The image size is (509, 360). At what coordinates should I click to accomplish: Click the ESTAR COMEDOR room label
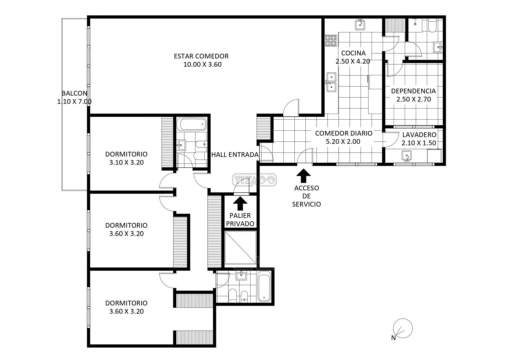201,56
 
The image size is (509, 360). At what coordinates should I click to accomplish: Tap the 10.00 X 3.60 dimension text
202,64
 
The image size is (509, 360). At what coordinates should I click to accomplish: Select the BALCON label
75,93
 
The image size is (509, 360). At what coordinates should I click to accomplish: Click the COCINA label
353,53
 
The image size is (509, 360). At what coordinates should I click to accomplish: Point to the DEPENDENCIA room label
413,91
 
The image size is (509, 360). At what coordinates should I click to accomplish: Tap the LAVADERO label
419,135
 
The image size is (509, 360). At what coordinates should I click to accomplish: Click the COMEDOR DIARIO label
344,133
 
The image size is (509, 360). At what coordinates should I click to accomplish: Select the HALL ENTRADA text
235,155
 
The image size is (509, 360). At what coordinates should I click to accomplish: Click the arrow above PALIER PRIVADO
240,203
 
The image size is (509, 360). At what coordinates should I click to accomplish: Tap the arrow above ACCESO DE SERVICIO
303,176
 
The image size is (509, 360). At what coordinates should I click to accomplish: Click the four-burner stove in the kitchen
331,40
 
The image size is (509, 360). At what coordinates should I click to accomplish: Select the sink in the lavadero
407,156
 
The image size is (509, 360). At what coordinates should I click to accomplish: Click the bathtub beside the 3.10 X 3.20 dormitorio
193,124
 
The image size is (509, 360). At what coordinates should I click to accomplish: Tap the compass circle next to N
403,328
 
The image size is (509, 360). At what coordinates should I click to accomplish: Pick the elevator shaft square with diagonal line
240,247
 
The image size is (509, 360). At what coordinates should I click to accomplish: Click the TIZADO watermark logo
255,180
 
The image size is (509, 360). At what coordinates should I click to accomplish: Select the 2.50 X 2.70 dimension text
414,99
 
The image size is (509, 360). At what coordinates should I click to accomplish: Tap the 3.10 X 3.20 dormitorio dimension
126,162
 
